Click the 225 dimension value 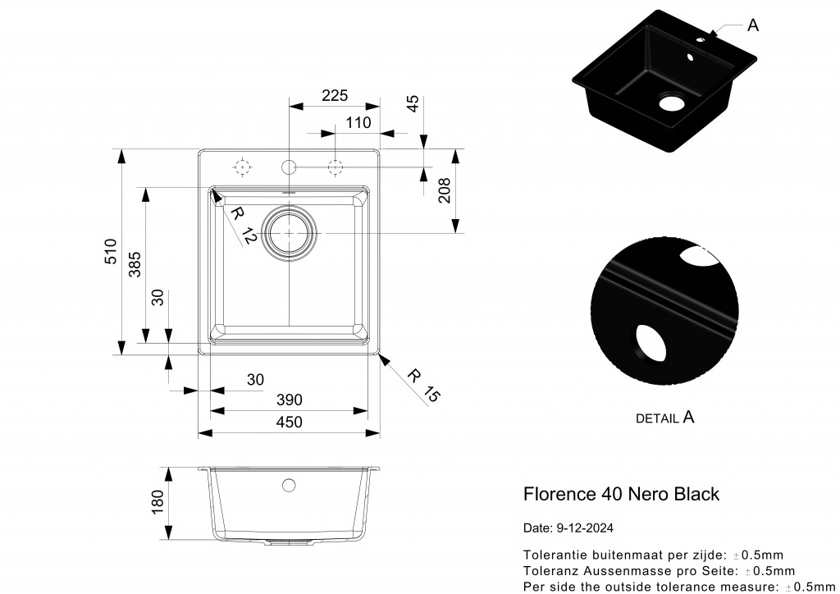click(x=335, y=96)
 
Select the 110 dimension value click(x=358, y=123)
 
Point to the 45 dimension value click(x=413, y=103)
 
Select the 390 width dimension click(x=290, y=400)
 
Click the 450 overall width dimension click(x=289, y=422)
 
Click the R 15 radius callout click(x=424, y=386)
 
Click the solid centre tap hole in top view click(x=289, y=167)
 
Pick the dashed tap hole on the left click(x=242, y=167)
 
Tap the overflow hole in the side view click(x=289, y=485)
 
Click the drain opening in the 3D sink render click(x=671, y=103)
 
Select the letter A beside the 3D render click(x=753, y=25)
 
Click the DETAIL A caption click(x=665, y=418)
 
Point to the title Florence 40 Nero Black click(x=621, y=494)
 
